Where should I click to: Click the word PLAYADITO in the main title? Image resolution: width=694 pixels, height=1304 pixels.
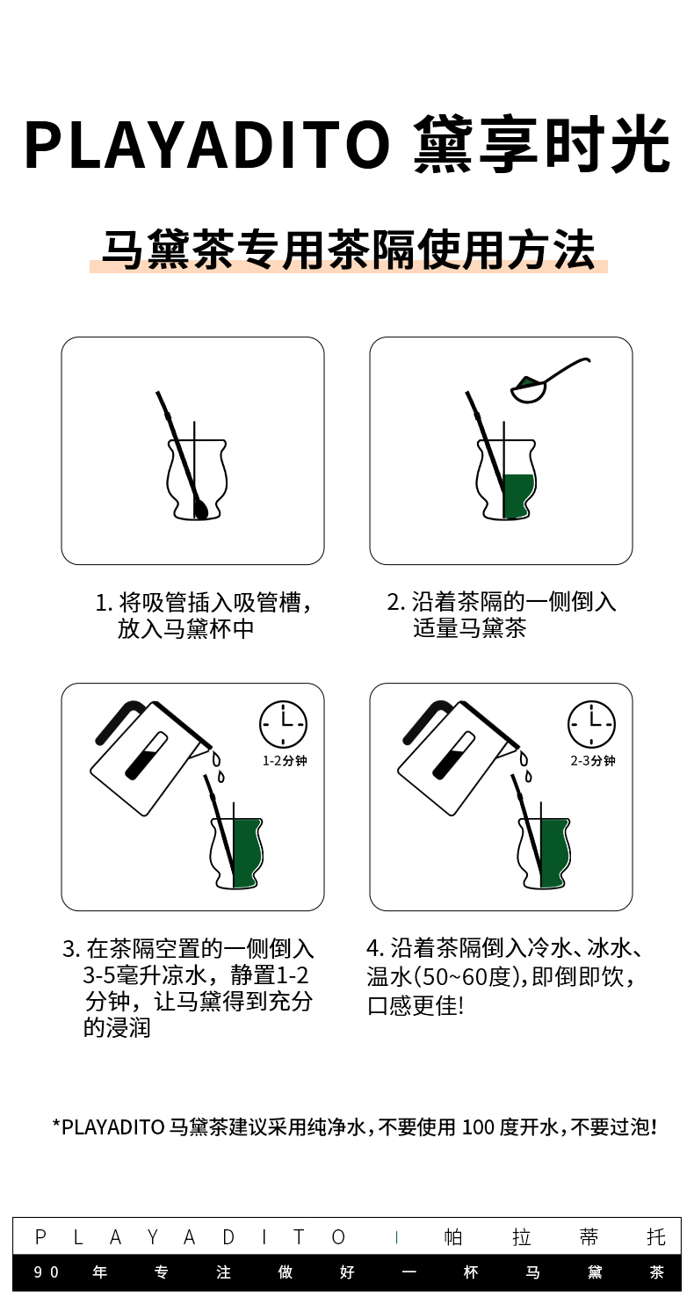coord(207,145)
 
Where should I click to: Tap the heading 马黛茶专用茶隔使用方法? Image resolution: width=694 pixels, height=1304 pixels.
coord(348,250)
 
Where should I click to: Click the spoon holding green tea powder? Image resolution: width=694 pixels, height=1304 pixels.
coord(550,380)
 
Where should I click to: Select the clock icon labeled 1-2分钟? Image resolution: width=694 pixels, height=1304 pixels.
coord(283,723)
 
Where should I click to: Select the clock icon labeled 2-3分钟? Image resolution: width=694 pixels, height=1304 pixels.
coord(591,723)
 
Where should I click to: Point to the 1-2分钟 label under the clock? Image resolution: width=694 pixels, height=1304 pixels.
coord(285,761)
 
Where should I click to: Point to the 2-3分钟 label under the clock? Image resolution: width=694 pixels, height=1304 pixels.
coord(593,761)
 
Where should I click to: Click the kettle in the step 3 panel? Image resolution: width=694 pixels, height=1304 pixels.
coord(150,757)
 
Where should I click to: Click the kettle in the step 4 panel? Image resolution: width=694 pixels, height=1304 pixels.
coord(459,757)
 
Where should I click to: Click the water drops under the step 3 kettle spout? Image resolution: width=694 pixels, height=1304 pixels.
coord(218,766)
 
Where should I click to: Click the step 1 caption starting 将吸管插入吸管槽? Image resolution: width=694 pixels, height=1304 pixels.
coord(204,615)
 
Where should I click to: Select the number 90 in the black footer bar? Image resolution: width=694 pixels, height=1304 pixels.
coord(46,1272)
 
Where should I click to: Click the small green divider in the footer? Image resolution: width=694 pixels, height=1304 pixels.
coord(396,1237)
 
